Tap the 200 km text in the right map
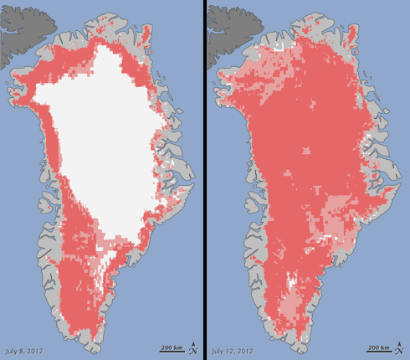379,345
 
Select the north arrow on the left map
193,346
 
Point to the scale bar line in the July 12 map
378,351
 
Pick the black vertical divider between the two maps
203,180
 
